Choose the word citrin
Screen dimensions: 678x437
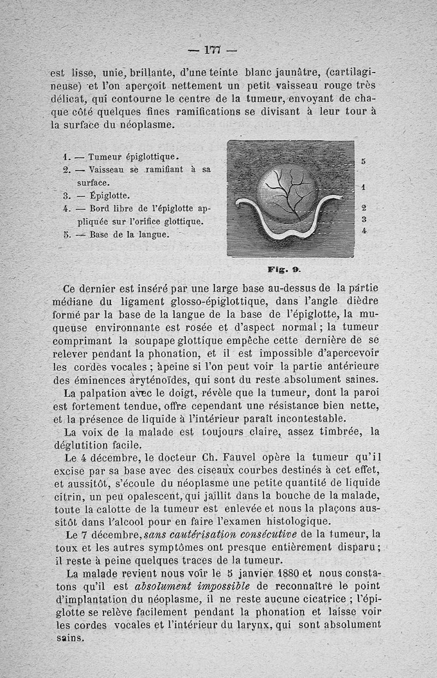[x=68, y=497]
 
